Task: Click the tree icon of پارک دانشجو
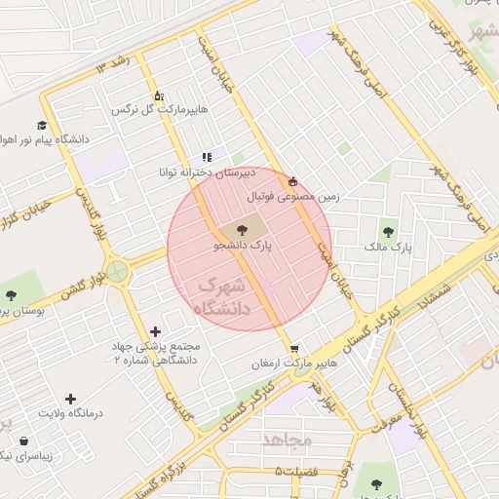coord(239,230)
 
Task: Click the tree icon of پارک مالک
coord(389,232)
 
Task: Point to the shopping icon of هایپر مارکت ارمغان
coord(294,348)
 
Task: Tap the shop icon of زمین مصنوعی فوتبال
coord(293,181)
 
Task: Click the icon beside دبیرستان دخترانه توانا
coord(206,157)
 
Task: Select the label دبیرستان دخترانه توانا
coord(207,173)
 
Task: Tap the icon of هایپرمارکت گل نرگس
coord(159,96)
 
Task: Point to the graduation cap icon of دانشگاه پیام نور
coord(42,125)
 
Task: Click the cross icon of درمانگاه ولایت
coord(69,399)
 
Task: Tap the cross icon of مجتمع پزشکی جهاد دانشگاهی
coord(156,332)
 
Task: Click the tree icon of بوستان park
coord(11,294)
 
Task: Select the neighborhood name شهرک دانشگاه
coord(223,297)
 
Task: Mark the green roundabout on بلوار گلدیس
coord(118,271)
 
